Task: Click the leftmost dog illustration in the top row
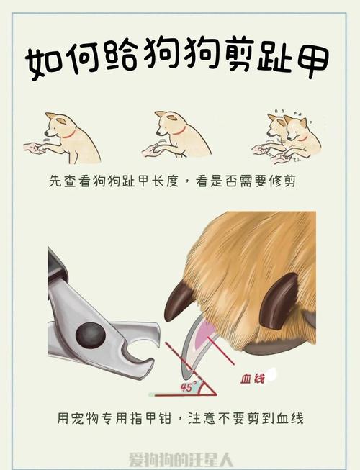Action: (x=72, y=137)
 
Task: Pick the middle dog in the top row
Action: (x=180, y=135)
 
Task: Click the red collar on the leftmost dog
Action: (x=68, y=134)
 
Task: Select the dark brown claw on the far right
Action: (x=282, y=297)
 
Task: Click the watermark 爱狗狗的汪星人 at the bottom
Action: (x=180, y=459)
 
